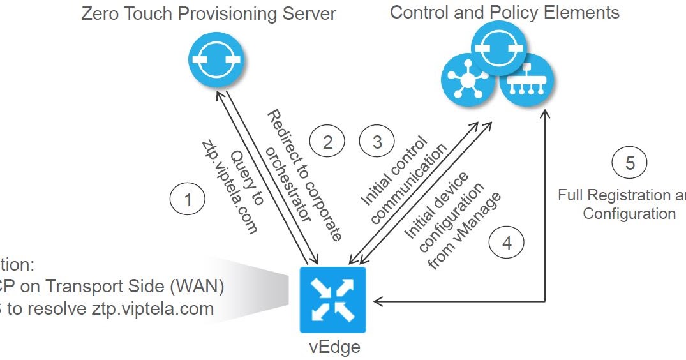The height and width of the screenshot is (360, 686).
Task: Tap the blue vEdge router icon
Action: tap(332, 300)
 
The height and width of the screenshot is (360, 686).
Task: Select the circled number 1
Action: tap(188, 200)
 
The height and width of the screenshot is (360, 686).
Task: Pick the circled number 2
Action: tap(327, 142)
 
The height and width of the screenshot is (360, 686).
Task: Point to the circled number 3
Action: tap(377, 142)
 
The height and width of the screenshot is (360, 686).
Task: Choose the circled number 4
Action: tap(507, 243)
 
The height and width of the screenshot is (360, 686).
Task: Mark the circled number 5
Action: tap(630, 163)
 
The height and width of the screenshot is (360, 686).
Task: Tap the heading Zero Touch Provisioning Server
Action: tap(208, 13)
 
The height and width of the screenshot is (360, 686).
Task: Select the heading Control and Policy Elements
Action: tap(504, 12)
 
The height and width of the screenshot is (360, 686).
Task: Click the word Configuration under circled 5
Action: tap(629, 213)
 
